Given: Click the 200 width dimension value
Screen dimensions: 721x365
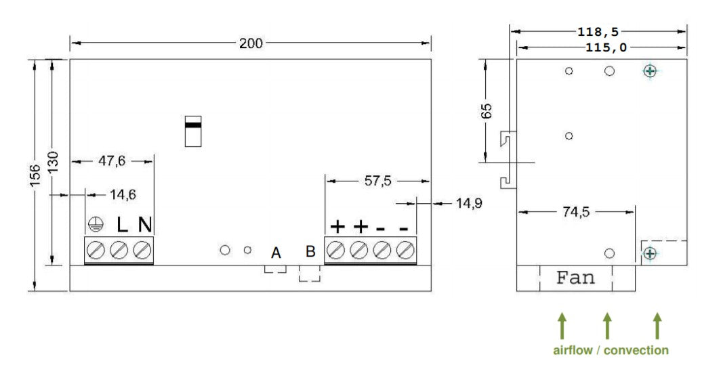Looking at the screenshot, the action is (x=251, y=43).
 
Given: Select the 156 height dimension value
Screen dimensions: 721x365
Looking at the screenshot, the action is (x=35, y=175).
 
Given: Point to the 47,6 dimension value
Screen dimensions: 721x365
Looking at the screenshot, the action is (x=112, y=161).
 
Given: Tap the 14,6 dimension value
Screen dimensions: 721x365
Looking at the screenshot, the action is (x=123, y=194).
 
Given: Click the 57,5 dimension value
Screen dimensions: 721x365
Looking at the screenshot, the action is (x=377, y=181).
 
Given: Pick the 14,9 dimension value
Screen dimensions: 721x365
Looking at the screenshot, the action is (x=469, y=202).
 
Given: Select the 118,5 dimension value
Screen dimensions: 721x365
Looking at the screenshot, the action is (x=598, y=32).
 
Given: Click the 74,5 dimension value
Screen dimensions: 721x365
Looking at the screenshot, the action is (x=576, y=212).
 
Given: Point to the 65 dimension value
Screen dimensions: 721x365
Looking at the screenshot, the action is (x=486, y=111).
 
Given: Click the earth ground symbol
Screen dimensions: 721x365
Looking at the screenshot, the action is (x=95, y=225).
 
